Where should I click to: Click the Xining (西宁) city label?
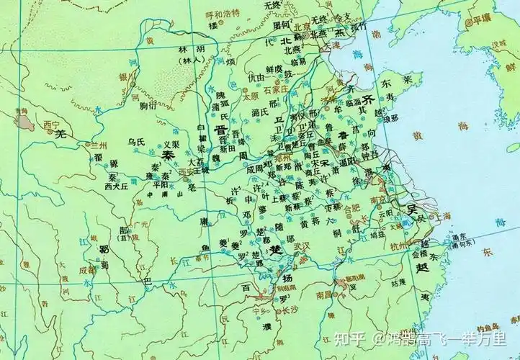pyautogui.click(x=50, y=124)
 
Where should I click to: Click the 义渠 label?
pyautogui.click(x=171, y=144)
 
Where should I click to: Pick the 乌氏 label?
pyautogui.click(x=135, y=143)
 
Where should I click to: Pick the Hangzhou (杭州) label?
pyautogui.click(x=398, y=247)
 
